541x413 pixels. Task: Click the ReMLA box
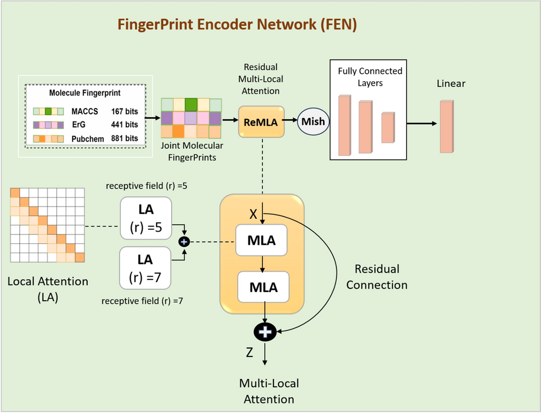point(261,121)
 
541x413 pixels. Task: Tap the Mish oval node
point(313,121)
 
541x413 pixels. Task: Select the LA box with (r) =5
point(145,220)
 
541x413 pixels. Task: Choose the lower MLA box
point(262,288)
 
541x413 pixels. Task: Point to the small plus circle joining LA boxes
point(185,241)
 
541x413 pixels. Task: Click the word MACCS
point(83,111)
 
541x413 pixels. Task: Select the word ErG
point(78,125)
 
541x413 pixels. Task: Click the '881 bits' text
point(124,138)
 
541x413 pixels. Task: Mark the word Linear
point(451,84)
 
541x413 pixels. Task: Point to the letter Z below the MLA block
point(250,354)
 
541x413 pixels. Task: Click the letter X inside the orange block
point(253,214)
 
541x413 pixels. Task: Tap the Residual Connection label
point(377,277)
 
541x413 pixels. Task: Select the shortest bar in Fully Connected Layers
point(388,128)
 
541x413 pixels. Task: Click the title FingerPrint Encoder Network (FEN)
point(237,25)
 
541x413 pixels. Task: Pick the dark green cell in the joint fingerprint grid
point(191,105)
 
